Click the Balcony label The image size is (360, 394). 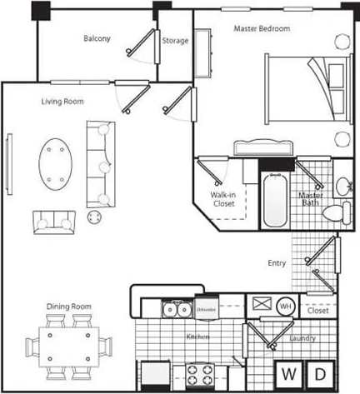[97, 38]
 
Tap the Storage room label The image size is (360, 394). [175, 41]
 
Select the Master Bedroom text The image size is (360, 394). [262, 29]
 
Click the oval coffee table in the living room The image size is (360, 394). [56, 163]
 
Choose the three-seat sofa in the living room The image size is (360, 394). [100, 163]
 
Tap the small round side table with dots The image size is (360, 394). [93, 217]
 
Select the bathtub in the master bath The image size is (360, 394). [273, 200]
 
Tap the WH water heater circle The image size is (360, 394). [285, 307]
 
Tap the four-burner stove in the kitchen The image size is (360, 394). [201, 374]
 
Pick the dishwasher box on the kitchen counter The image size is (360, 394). [207, 310]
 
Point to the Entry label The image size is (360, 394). [277, 263]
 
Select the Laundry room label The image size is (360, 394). [302, 338]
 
